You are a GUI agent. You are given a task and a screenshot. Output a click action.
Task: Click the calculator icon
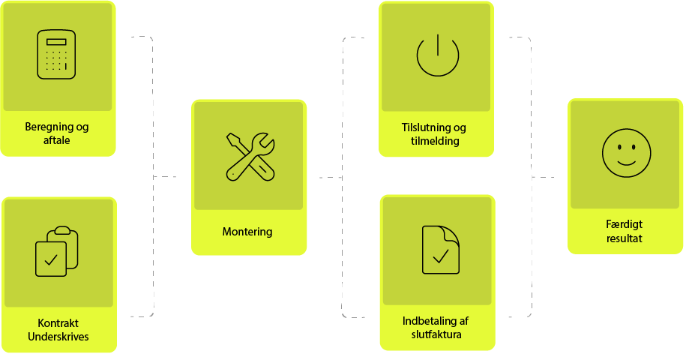coord(57,55)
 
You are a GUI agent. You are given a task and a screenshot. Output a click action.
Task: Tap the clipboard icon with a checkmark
coord(57,250)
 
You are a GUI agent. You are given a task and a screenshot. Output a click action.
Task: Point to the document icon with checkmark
coord(440,248)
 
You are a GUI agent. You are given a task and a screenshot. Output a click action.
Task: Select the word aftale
coord(57,139)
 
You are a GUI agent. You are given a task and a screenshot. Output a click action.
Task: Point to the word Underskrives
coord(58,337)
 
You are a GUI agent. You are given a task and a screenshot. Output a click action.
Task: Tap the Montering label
coord(247,232)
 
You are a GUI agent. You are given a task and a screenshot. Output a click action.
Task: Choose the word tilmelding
coord(436,140)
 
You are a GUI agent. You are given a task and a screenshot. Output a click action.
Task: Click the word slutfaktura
coord(436,334)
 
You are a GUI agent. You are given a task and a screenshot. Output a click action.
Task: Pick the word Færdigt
coord(625,224)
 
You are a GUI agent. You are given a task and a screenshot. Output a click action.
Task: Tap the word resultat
coord(625,238)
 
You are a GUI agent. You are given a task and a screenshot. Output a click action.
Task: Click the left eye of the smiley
coord(618,147)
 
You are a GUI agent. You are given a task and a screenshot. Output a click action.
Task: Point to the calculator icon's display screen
coord(57,42)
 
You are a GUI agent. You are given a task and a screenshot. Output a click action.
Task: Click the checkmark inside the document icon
coord(440,256)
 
